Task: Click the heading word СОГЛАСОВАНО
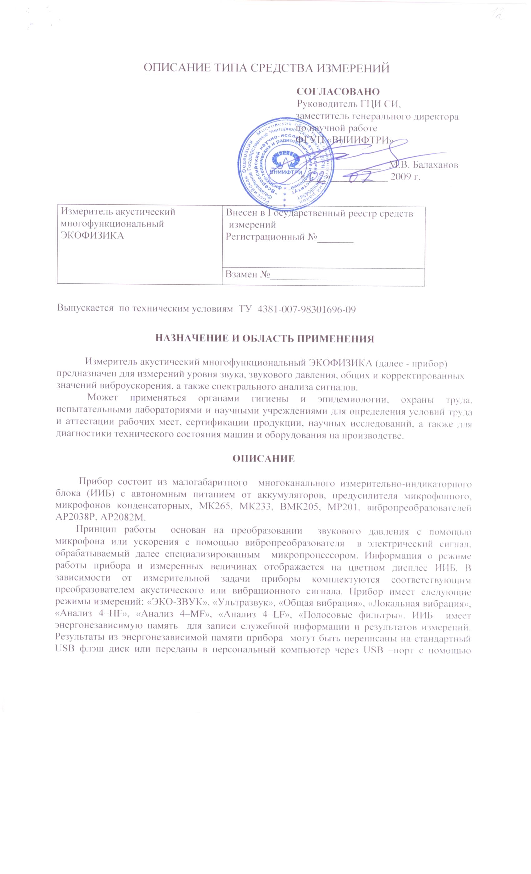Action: click(338, 91)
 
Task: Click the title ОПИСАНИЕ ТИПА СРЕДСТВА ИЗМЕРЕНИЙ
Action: click(266, 68)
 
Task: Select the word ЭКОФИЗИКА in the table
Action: click(92, 236)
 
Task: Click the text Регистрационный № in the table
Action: click(271, 237)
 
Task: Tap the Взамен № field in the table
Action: click(248, 274)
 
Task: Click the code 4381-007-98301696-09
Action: click(306, 309)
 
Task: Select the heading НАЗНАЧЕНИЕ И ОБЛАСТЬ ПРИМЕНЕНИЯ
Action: click(265, 338)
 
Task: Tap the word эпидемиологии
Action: click(355, 399)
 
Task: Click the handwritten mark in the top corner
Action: click(503, 15)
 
